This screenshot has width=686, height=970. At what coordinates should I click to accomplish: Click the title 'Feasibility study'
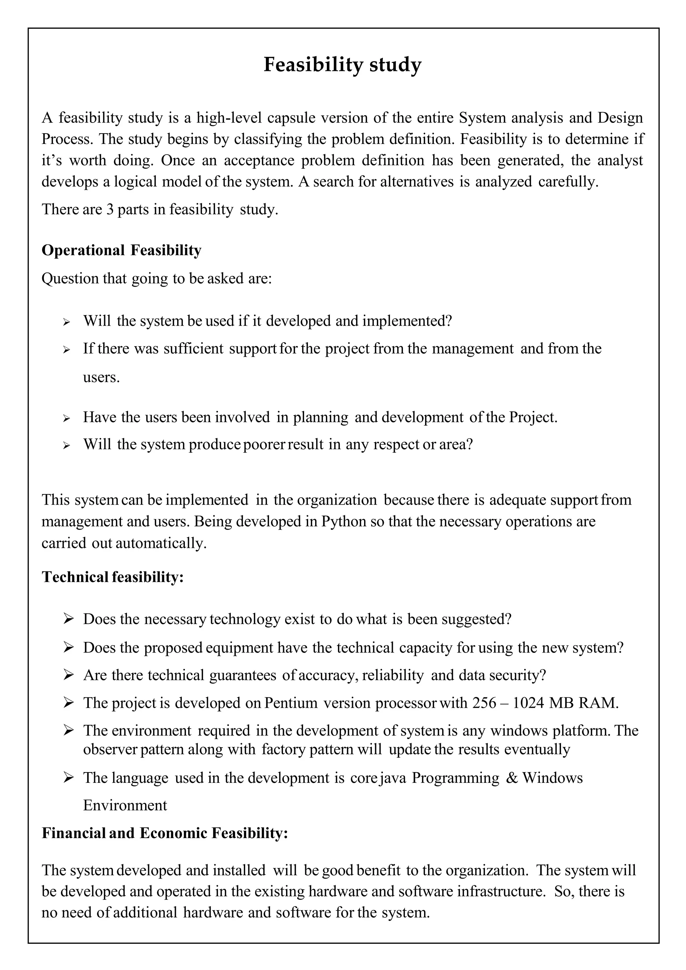point(342,65)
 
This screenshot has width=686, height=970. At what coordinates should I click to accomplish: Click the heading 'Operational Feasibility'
point(121,250)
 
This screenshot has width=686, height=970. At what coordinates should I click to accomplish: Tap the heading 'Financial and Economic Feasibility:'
point(164,833)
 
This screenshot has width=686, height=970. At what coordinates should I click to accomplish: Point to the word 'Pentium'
point(291,702)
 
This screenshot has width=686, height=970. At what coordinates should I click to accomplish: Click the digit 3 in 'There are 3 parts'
point(110,209)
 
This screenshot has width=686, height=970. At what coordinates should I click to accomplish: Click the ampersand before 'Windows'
point(511,778)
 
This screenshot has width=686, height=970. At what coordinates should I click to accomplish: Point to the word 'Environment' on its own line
point(125,805)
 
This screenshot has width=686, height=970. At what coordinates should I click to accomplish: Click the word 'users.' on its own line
point(101,377)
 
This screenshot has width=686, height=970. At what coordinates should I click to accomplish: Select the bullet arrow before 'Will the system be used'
point(66,322)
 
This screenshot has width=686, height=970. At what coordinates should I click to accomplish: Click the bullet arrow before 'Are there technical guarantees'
point(68,675)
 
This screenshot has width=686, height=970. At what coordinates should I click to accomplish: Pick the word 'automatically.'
point(161,543)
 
